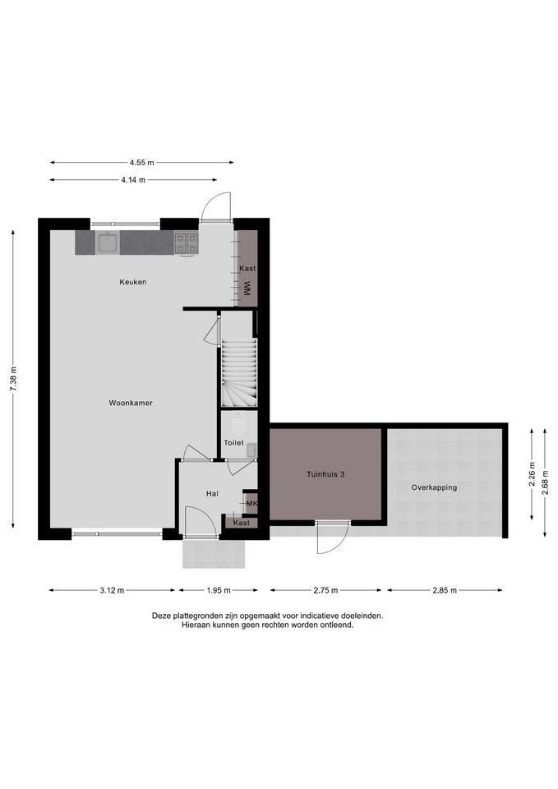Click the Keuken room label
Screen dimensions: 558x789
tap(133, 282)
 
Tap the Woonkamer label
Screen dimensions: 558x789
tap(131, 403)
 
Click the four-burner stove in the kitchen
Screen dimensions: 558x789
tap(187, 243)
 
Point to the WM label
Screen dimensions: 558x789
tap(247, 288)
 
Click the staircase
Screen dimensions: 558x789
tap(239, 372)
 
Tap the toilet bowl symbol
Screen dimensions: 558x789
tap(239, 425)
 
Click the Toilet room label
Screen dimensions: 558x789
tap(234, 443)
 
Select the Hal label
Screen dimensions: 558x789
tap(212, 494)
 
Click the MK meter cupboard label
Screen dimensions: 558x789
tap(252, 503)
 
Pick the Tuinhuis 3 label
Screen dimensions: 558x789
tap(325, 474)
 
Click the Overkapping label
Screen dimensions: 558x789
tap(434, 487)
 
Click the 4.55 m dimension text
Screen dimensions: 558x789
tap(142, 162)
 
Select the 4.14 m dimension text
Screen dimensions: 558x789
tap(133, 180)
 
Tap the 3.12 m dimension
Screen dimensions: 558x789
tap(111, 590)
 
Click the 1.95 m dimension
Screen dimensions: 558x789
tap(219, 590)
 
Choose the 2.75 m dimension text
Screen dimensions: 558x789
tap(325, 590)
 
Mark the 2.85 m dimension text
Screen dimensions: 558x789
tap(445, 590)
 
